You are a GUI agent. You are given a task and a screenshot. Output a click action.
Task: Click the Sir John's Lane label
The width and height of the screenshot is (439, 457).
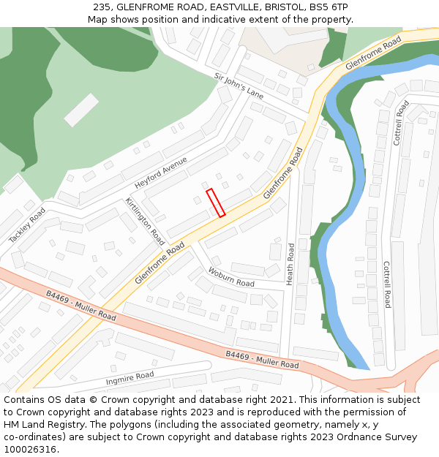coord(239,86)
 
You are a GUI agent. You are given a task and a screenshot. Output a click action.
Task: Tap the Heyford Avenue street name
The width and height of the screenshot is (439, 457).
coord(161,173)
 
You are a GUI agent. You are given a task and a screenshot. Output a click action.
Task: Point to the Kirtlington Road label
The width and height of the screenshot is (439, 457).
coord(144,221)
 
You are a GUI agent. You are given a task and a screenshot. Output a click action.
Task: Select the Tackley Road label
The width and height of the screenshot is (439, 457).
coord(27,225)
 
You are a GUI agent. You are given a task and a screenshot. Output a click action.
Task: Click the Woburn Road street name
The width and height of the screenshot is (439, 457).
coord(231,277)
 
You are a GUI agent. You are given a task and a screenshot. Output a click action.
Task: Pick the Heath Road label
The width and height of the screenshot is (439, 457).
coord(290,263)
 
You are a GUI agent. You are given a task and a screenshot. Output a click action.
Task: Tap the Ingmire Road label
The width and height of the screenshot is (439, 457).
coord(130,378)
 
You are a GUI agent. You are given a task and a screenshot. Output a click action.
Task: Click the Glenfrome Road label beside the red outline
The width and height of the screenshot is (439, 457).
coord(282,173)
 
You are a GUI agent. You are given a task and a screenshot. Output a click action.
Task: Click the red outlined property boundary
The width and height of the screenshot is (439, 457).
coord(215,203)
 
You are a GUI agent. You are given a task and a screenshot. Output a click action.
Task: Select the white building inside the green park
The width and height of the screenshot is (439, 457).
coord(80,110)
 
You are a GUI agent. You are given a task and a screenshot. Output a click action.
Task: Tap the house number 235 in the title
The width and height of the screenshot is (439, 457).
coord(102,7)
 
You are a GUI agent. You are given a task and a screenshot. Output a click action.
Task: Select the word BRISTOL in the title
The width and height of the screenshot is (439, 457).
coord(272,7)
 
